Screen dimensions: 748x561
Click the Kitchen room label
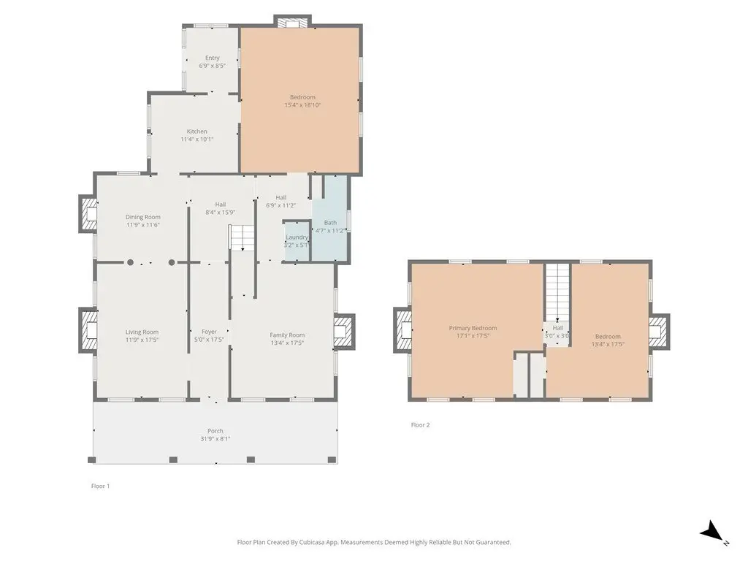pos(197,131)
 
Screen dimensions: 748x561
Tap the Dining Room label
pos(143,217)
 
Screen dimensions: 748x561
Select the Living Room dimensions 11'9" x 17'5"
pos(142,340)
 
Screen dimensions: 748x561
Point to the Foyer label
pos(209,332)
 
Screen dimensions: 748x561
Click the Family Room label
pos(287,335)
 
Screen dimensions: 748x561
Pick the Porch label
pos(215,431)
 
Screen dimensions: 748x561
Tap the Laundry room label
pos(297,237)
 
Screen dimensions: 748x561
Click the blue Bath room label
pos(330,222)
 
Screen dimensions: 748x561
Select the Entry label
pos(213,58)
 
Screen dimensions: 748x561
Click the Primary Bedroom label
pos(473,328)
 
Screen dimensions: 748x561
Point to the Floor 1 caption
pos(100,486)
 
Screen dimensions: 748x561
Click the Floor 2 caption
pos(420,425)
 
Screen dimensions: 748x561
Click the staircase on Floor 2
pos(557,292)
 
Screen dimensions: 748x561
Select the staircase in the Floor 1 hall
pos(243,237)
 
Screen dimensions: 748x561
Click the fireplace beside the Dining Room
pos(88,213)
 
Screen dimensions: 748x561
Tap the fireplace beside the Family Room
pos(344,331)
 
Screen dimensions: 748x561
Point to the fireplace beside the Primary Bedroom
pos(403,330)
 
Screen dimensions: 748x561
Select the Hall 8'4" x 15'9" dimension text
pos(221,213)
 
